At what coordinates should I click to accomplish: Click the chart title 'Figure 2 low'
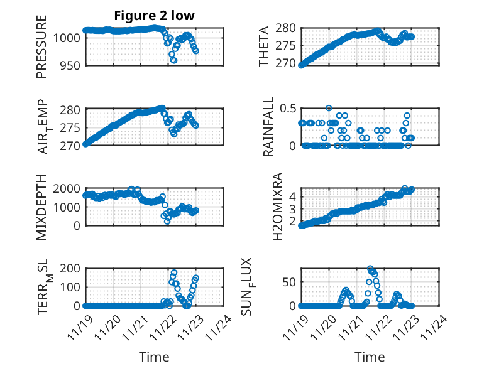(x=154, y=16)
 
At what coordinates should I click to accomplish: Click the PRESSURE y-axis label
(x=41, y=50)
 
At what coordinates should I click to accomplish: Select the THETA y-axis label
(x=265, y=46)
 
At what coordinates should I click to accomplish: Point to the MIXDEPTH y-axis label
(x=41, y=207)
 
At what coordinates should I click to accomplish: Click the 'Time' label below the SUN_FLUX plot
(x=370, y=357)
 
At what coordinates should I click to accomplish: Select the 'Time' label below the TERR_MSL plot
(x=154, y=357)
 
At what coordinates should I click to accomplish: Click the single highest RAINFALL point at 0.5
(x=329, y=108)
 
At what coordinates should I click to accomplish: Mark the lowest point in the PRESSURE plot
(x=174, y=61)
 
